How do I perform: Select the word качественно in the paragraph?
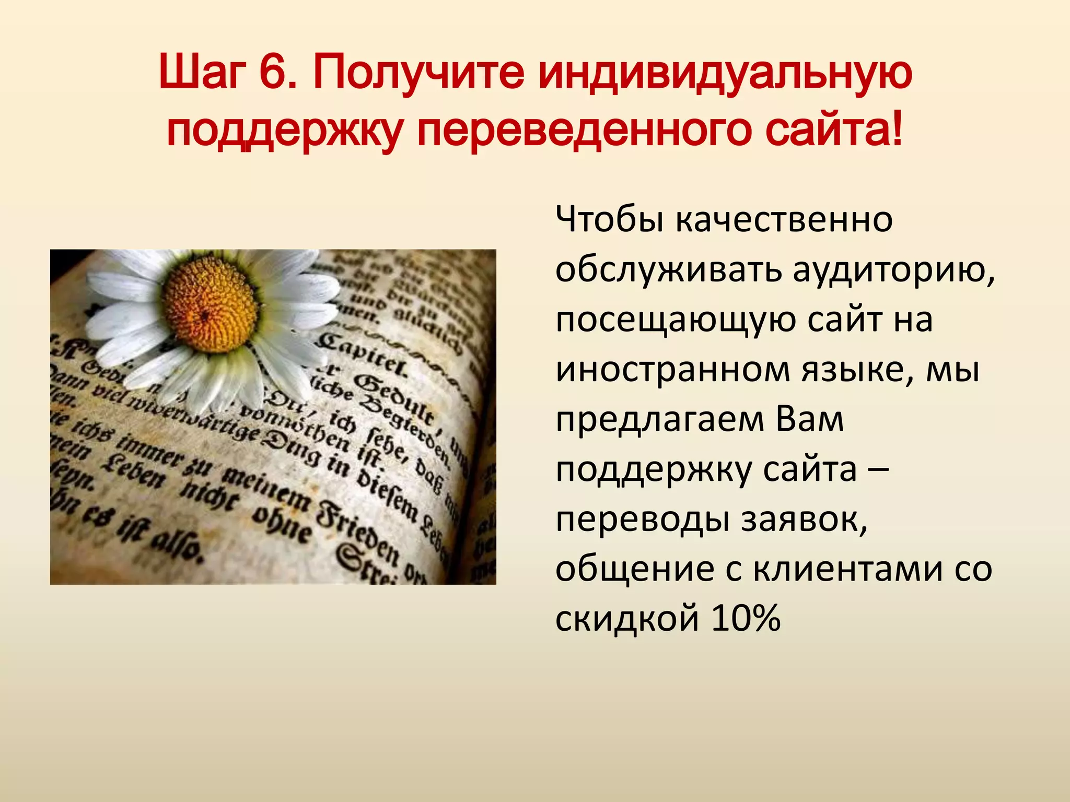pos(784,220)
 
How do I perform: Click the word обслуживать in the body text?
pos(669,270)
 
